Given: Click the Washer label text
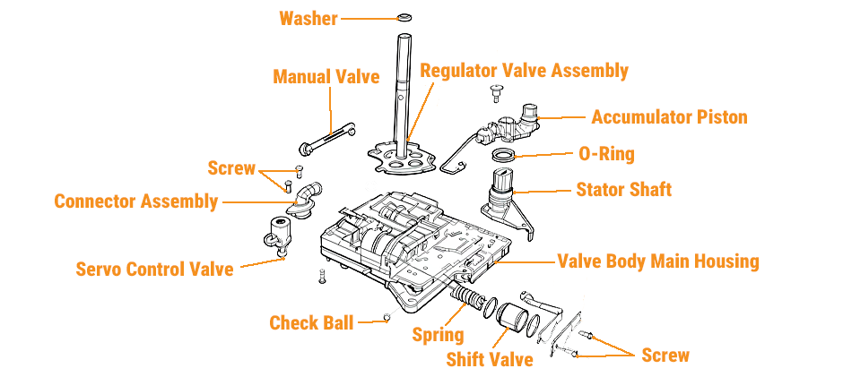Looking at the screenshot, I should (308, 18).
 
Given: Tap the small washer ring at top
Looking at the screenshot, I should (403, 16).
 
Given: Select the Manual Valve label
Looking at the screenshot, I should (326, 77).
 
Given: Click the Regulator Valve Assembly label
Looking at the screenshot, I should (524, 71).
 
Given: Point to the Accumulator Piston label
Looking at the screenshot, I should (669, 117).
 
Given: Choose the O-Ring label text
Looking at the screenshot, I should (606, 154).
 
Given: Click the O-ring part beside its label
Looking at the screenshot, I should (506, 157).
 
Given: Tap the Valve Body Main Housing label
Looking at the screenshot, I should (658, 261).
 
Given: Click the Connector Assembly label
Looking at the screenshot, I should (135, 201).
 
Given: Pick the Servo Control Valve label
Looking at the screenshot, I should (154, 268).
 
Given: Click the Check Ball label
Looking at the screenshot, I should (311, 322).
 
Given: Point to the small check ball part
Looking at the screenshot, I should (386, 316).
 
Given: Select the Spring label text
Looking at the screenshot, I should (438, 335).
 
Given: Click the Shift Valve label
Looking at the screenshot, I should (490, 359).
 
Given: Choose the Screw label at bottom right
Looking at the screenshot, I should (665, 355).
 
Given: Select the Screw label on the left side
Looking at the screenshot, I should (231, 168).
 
